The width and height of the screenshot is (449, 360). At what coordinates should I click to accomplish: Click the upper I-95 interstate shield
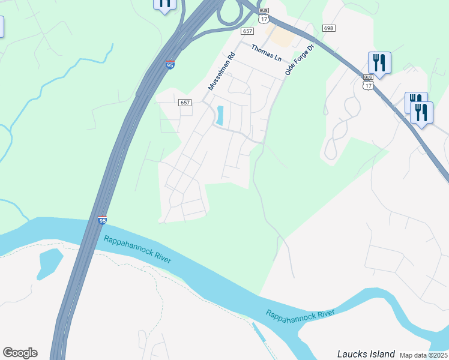coord(171,65)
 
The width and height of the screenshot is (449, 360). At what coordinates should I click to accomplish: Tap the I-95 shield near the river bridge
coord(103,221)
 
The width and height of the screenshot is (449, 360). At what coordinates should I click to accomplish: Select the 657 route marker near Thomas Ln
coord(247,31)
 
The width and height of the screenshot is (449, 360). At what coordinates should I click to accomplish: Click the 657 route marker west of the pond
coord(185,103)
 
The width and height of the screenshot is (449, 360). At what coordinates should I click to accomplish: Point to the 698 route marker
coord(328,28)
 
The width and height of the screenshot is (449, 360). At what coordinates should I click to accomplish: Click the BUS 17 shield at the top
coord(264,16)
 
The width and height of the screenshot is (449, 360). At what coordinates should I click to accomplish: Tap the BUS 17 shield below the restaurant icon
coord(368,82)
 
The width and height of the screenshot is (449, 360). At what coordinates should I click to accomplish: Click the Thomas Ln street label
coord(266,53)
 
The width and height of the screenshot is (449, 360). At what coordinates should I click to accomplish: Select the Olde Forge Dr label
coord(300,59)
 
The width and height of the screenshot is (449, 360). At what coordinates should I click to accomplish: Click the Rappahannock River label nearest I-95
coord(137,249)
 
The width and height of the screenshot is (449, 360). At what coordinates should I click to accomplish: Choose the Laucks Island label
coord(366,354)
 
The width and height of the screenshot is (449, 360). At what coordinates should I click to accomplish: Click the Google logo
coord(20,353)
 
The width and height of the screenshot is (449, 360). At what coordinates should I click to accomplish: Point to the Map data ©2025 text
coord(423,355)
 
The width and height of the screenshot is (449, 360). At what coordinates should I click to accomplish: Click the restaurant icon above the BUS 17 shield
coord(379,62)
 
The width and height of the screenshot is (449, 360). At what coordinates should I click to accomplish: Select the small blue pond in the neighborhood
coord(219,115)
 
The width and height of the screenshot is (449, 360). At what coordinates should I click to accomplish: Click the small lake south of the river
coord(49,263)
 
